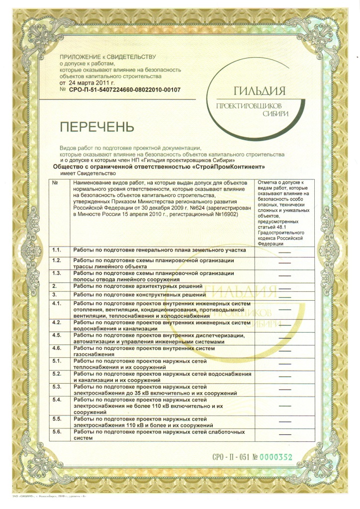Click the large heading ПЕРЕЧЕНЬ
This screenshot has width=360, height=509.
click(97, 126)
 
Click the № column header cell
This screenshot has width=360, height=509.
click(56, 183)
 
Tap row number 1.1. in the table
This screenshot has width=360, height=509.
click(57, 250)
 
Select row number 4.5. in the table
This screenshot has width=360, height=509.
click(57, 336)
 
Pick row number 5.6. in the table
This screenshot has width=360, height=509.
click(57, 431)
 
